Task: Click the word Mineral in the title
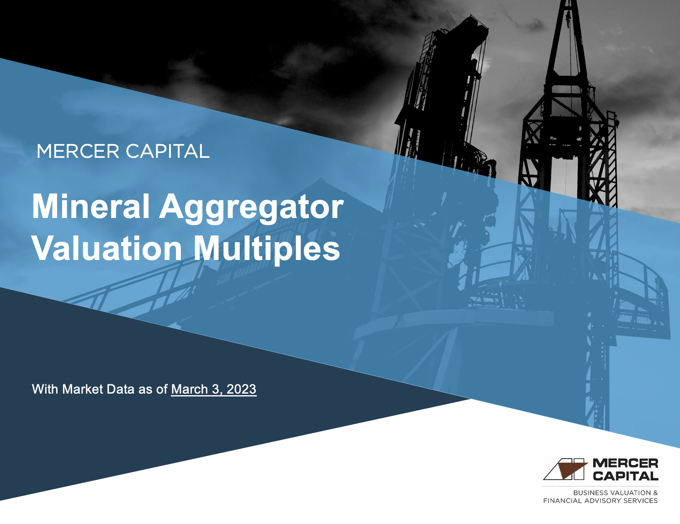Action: point(91,207)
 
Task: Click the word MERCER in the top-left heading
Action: point(78,151)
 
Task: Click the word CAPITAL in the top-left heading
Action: point(167,151)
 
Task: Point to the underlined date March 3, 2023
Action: point(214,389)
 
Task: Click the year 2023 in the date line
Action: point(241,389)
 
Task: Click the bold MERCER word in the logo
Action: point(625,463)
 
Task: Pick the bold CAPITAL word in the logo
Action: point(625,476)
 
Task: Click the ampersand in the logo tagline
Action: point(655,493)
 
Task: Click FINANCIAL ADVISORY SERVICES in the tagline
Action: point(600,501)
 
